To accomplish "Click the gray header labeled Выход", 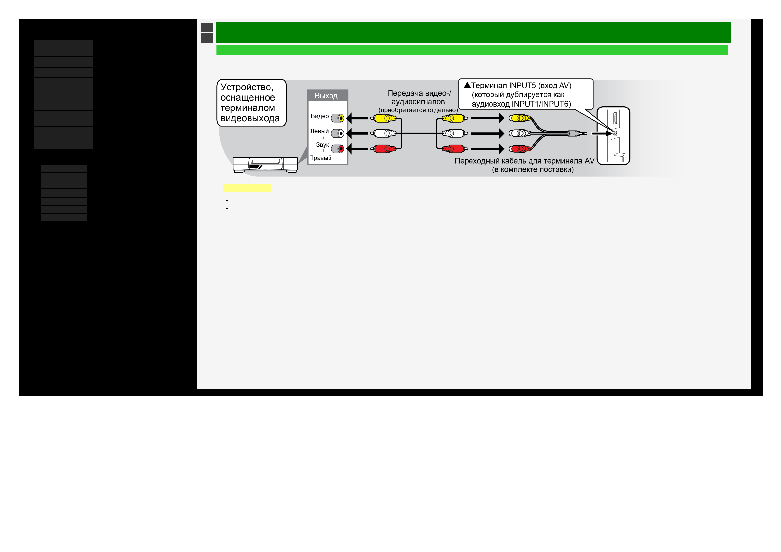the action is coord(327,96).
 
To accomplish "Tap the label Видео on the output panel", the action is coord(319,116).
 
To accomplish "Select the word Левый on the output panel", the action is coord(319,131).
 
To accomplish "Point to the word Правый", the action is coord(320,158).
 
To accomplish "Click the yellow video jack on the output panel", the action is coord(340,118).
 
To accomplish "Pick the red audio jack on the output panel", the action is coord(340,149).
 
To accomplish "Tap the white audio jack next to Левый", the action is coord(340,134).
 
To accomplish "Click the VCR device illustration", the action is coord(265,165).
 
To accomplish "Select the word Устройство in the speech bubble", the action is coord(247,88).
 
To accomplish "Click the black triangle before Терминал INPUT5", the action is coord(467,85).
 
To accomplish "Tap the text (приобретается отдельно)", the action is coord(418,110).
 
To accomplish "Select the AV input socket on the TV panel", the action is coord(615,134).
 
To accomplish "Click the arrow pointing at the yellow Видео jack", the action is coord(357,118).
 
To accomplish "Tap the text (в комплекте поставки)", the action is coord(533,170).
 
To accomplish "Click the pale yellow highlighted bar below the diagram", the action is coord(246,188).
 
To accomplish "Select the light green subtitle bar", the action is coord(471,50).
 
